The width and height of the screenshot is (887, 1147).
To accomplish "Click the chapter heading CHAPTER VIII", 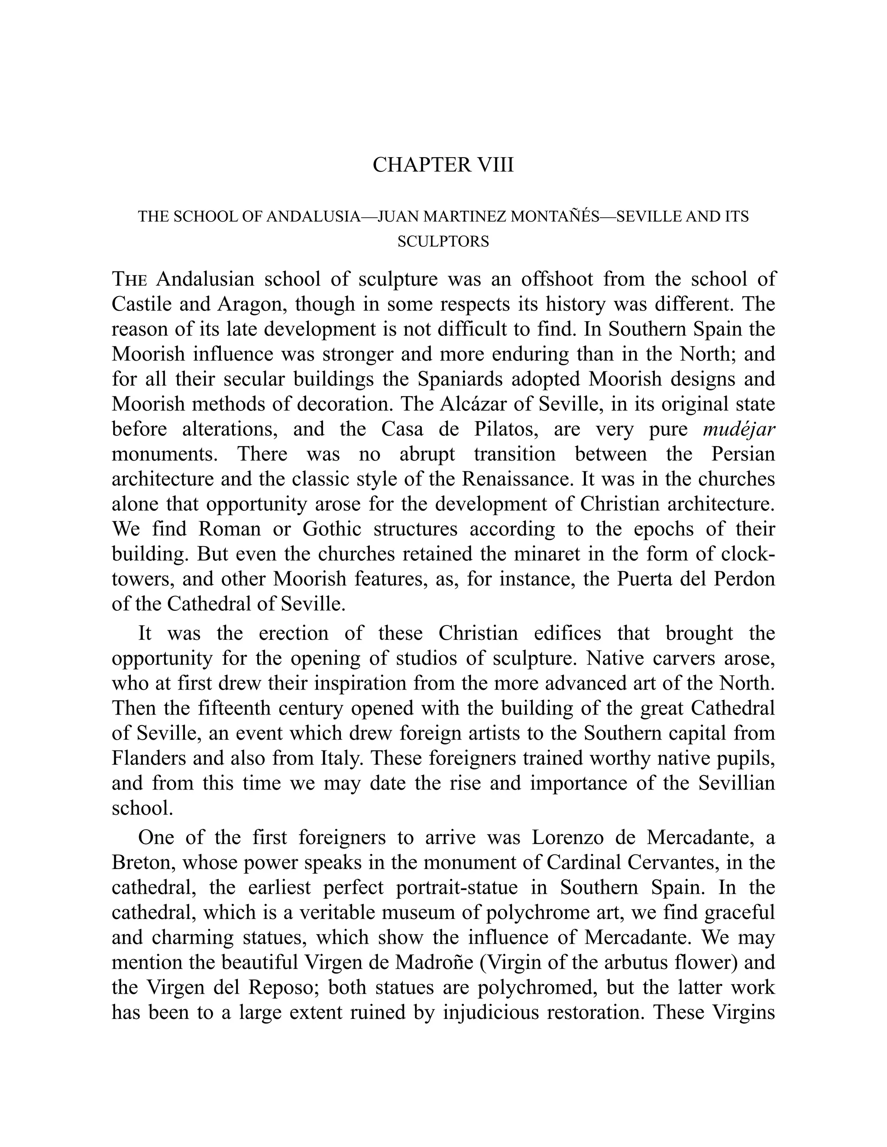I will click(x=443, y=165).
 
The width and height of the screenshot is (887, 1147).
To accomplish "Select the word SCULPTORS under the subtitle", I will click(x=443, y=242).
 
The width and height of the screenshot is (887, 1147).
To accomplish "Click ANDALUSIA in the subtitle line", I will click(x=313, y=216).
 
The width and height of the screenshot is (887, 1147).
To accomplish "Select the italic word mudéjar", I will click(x=739, y=429).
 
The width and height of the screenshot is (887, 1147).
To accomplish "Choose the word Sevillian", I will click(x=736, y=783).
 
